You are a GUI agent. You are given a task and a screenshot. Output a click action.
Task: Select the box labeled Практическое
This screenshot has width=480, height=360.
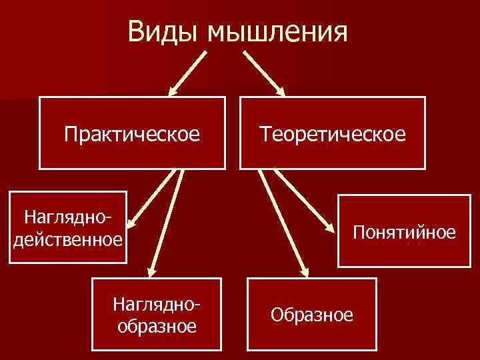pos(132,134)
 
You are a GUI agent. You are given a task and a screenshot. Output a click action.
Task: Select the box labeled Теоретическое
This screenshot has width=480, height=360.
pos(333,134)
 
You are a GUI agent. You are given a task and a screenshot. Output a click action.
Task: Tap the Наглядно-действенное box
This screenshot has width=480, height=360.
pos(68,227)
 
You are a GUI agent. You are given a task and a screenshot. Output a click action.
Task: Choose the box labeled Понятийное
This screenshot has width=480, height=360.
pos(405,231)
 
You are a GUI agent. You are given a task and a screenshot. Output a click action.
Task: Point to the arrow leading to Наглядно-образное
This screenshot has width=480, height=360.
pos(167,220)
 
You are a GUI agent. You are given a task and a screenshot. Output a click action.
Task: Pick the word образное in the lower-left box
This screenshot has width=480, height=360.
pos(157,326)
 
